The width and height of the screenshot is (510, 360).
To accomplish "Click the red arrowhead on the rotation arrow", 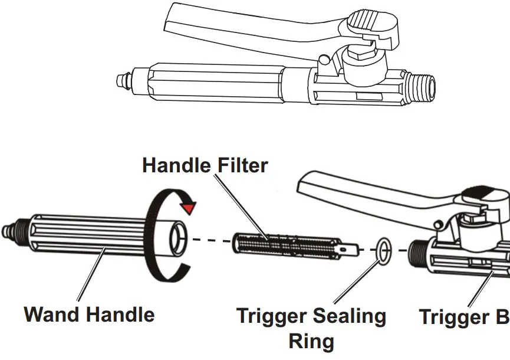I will [189, 207].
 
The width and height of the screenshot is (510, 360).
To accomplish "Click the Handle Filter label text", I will [205, 165].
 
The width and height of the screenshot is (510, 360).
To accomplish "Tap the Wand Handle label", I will [89, 314].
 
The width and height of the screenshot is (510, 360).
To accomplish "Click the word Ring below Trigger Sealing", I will [311, 341].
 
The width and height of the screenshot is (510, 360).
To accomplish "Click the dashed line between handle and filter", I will [212, 241].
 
